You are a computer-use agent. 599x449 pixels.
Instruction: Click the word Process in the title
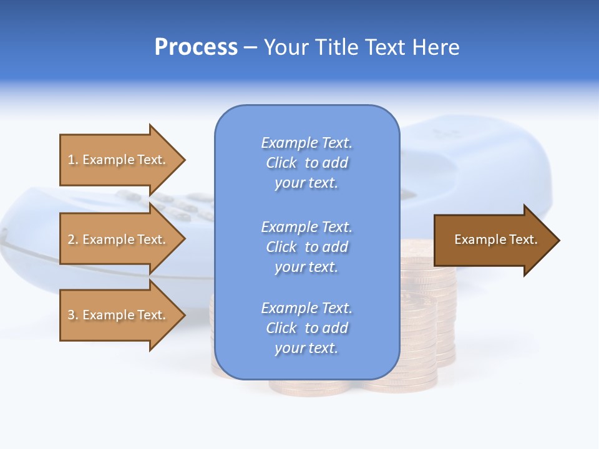pos(196,47)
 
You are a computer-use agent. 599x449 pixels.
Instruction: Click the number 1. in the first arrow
pos(74,160)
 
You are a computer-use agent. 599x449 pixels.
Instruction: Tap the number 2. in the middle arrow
pos(74,239)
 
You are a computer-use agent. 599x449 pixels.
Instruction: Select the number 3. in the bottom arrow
pos(74,315)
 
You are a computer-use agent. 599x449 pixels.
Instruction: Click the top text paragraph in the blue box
pos(306,163)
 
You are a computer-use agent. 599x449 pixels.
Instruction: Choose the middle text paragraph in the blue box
pos(306,247)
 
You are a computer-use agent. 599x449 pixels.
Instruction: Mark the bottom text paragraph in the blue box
pos(306,328)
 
